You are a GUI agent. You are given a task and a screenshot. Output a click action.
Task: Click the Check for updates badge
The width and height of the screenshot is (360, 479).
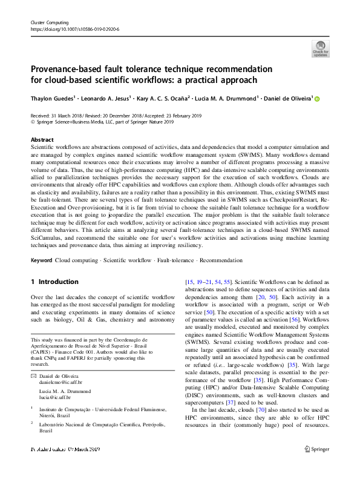point(320,48)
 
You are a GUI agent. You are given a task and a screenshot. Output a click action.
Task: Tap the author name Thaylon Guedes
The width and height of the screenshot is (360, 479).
point(53,99)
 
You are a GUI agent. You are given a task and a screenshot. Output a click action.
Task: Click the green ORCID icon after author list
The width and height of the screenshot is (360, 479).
point(316,99)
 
